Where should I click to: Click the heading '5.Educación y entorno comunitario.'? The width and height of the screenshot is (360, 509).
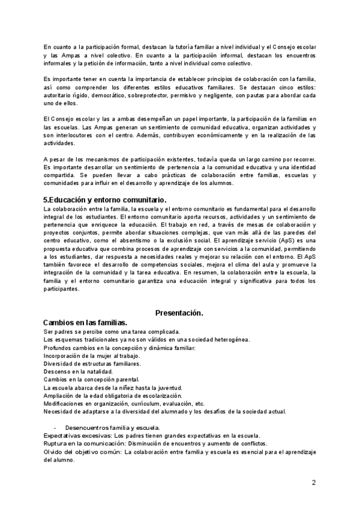coord(105,199)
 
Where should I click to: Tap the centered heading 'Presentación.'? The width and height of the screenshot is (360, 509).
coord(179,313)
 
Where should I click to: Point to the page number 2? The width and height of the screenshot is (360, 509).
coord(313,482)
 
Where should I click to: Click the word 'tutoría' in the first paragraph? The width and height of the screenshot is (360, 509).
coord(193,47)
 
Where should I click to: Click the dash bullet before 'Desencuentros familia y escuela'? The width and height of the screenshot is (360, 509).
coord(55,427)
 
